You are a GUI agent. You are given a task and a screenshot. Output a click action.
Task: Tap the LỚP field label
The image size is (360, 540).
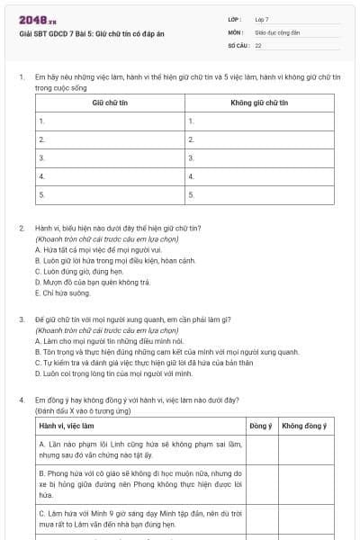click(x=235, y=19)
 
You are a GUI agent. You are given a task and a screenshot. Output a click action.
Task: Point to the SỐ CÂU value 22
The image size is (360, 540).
click(x=258, y=44)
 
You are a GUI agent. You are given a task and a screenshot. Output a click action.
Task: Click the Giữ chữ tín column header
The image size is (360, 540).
click(x=110, y=103)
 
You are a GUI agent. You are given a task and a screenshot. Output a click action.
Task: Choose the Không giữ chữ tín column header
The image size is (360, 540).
click(x=259, y=103)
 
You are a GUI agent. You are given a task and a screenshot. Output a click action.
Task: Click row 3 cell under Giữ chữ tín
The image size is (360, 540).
click(x=110, y=157)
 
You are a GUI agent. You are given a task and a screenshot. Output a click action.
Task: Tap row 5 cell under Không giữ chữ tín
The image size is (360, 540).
click(x=259, y=193)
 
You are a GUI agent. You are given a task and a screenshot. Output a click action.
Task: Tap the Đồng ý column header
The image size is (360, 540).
click(x=260, y=425)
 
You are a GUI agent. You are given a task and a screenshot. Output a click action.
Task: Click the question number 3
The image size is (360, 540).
click(x=22, y=319)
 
